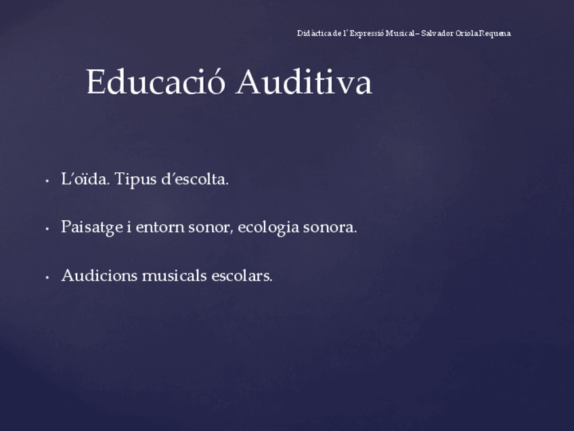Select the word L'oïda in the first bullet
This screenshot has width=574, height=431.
coord(85,180)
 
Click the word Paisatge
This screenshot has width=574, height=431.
coord(91,228)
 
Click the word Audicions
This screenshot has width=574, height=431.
coord(99,276)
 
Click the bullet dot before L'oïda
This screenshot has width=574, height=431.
coord(46,181)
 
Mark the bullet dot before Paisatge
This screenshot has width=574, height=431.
coord(46,229)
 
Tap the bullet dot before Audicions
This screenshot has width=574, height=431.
coord(46,277)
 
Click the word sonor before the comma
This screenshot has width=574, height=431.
coord(211,227)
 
